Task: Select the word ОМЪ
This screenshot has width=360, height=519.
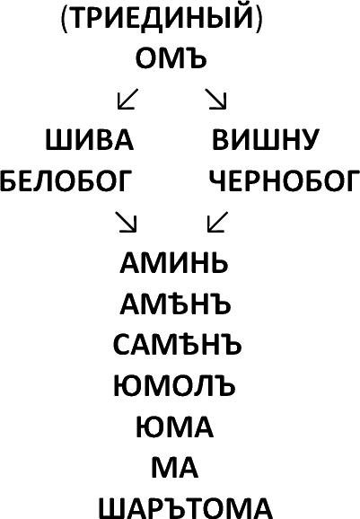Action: [x=171, y=58]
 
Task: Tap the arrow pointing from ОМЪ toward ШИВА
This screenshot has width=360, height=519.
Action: [x=127, y=99]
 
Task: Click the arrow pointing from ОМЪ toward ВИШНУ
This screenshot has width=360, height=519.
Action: [x=215, y=99]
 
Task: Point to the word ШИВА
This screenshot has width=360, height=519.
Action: [x=90, y=140]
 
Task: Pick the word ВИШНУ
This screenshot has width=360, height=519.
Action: [x=266, y=140]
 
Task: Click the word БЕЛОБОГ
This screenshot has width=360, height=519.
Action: [x=66, y=180]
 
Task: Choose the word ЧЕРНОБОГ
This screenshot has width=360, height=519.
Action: [x=285, y=180]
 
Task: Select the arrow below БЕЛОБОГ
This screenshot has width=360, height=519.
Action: [x=126, y=222]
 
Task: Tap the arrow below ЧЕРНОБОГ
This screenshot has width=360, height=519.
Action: [x=218, y=222]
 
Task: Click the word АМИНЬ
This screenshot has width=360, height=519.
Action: [x=174, y=263]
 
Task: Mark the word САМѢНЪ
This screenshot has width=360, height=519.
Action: [x=178, y=344]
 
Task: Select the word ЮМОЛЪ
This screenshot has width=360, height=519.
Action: [x=174, y=386]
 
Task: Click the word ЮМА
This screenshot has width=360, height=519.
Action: [x=174, y=427]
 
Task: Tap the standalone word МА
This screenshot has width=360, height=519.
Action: [x=174, y=468]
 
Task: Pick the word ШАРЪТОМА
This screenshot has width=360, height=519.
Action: [x=185, y=509]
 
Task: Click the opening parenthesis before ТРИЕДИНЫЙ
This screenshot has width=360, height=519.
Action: [x=65, y=19]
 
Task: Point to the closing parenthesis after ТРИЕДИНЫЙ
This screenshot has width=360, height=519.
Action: [x=259, y=19]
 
